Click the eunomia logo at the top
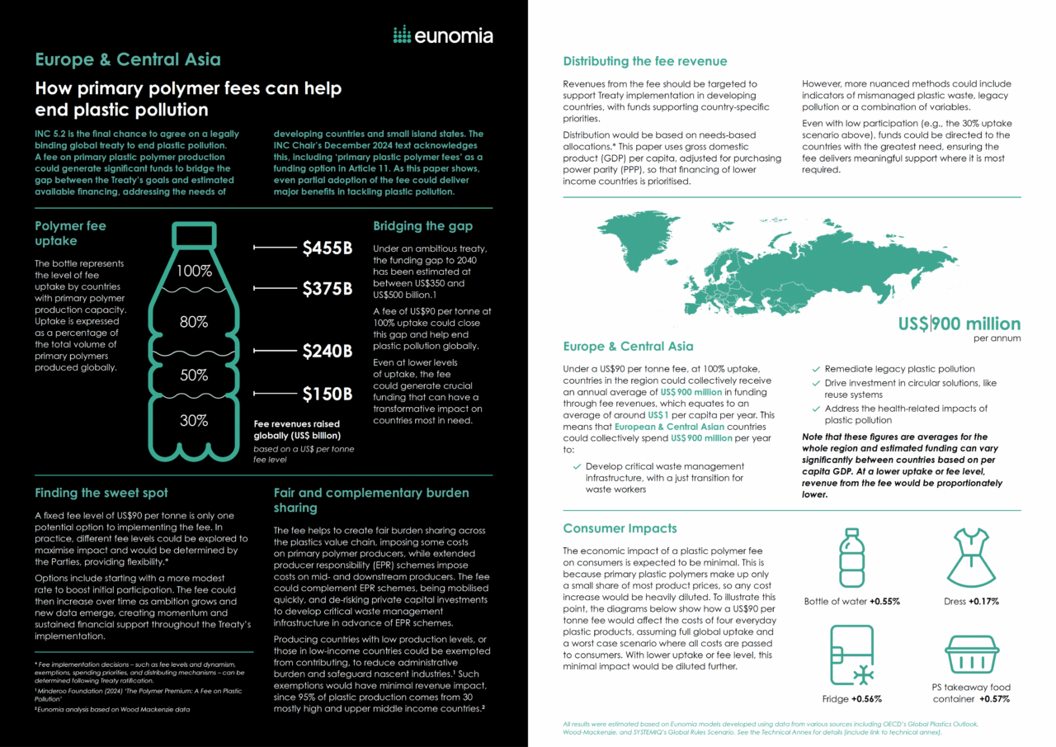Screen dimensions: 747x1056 [x=442, y=35]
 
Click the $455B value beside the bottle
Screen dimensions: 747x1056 [x=327, y=247]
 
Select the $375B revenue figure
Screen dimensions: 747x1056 [x=327, y=288]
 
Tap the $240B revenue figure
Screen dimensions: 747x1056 [x=327, y=351]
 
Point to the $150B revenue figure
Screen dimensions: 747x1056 [x=327, y=394]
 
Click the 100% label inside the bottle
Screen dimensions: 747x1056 [x=194, y=271]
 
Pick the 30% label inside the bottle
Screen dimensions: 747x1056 [x=194, y=420]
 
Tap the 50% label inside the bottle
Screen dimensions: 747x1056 [x=194, y=375]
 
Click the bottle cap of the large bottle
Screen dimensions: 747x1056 [x=194, y=233]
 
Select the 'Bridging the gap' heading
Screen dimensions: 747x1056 [x=422, y=225]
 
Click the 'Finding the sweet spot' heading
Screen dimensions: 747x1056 [x=101, y=493]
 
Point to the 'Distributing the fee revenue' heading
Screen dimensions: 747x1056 [x=644, y=61]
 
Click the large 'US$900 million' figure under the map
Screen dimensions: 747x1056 [x=959, y=324]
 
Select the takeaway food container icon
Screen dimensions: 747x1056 [x=970, y=655]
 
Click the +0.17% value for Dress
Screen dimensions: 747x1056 [x=983, y=602]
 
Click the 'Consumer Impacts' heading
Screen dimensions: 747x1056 [x=620, y=528]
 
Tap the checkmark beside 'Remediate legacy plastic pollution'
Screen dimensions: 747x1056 [x=817, y=369]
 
